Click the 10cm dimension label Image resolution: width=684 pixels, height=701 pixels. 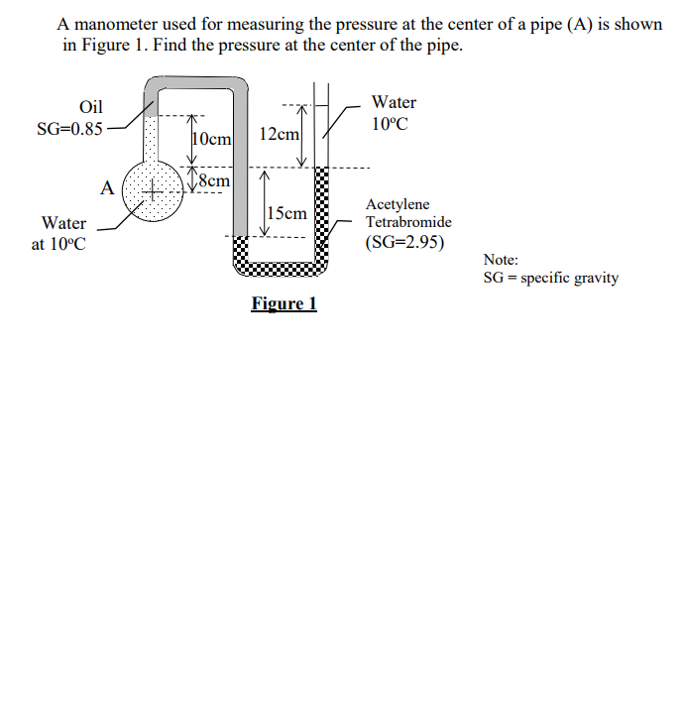point(211,139)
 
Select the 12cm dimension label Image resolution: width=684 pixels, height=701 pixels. point(278,133)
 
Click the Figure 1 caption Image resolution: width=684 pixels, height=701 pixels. point(284,303)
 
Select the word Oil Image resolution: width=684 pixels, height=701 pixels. point(91,107)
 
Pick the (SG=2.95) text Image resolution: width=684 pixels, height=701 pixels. point(404,242)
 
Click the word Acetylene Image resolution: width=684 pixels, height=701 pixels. point(399,204)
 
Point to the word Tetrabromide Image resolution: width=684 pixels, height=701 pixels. point(408,222)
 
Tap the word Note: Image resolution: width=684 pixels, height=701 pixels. point(501,260)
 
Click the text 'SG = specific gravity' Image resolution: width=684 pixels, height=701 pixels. point(551,278)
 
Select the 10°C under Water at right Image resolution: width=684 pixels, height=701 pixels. point(390,124)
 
